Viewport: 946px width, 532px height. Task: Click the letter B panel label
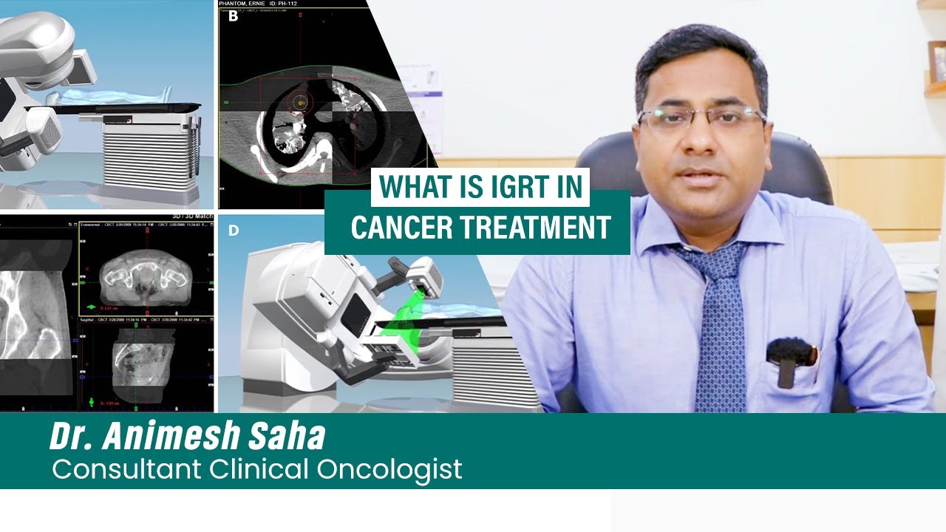point(233,16)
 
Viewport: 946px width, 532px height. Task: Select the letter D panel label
point(234,231)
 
